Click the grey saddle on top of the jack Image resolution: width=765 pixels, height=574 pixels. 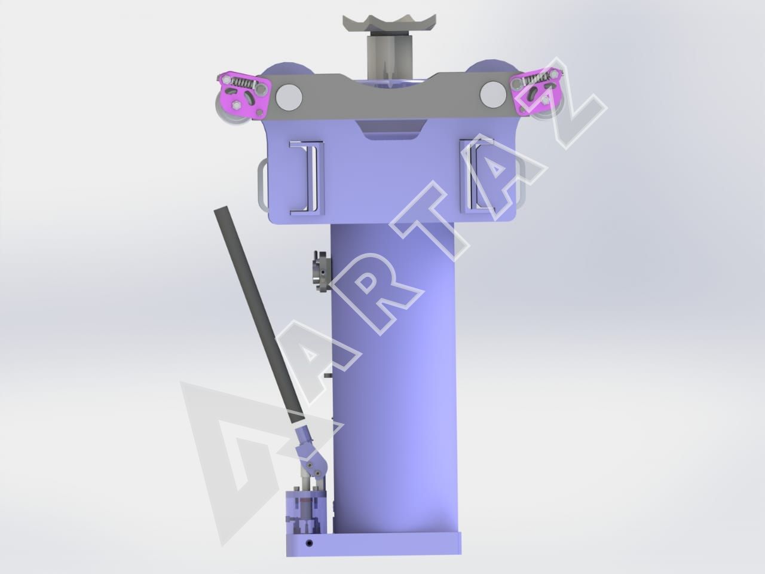coord(388,23)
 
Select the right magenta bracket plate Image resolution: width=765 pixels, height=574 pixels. coord(535,91)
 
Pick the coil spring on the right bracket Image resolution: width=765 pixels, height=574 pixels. coord(535,79)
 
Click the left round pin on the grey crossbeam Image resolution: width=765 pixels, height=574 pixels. coord(289,97)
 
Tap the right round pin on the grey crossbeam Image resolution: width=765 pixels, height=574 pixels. coord(493,94)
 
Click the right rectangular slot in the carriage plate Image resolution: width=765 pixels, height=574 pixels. coord(478,175)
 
